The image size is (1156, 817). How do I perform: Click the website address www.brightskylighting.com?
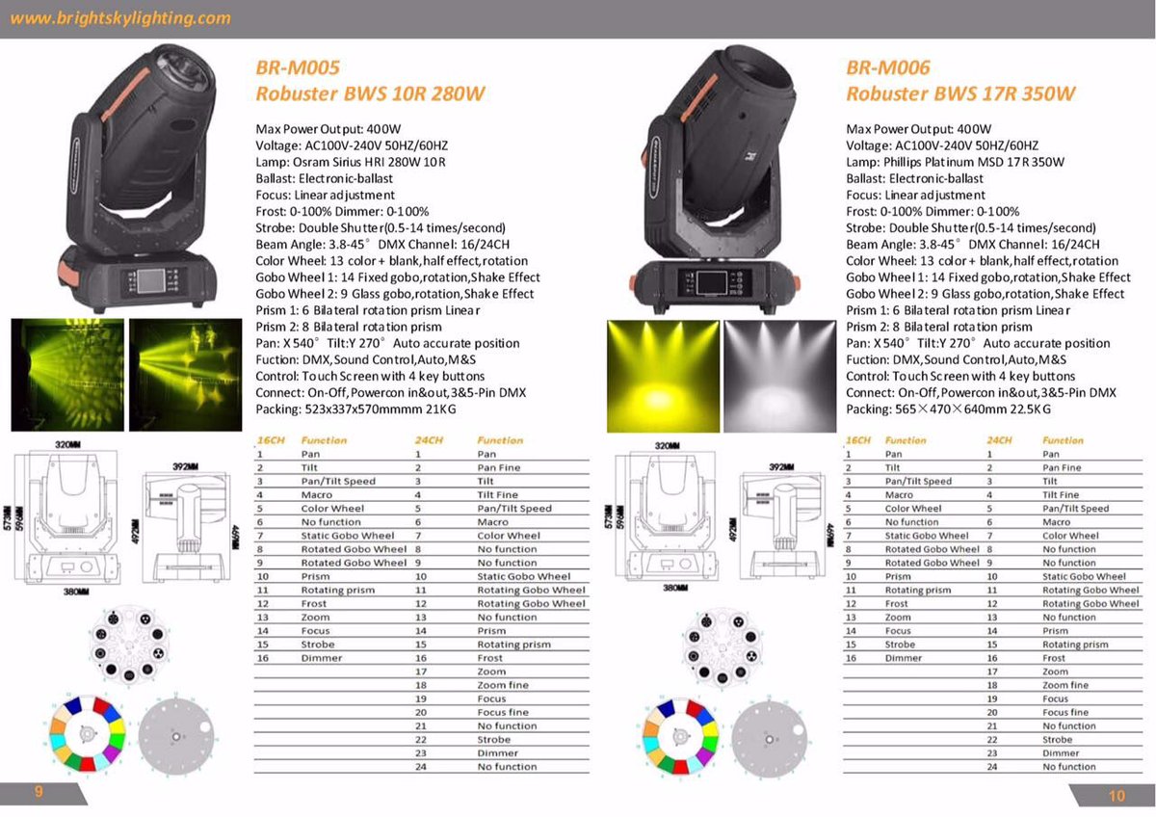[120, 18]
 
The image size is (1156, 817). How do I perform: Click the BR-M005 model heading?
[297, 68]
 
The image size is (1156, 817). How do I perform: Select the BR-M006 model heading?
[887, 68]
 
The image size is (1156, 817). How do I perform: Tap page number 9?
[39, 791]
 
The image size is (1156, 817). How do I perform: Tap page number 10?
[1116, 795]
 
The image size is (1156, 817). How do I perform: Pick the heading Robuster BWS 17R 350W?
[960, 94]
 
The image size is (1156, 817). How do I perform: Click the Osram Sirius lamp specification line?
[351, 161]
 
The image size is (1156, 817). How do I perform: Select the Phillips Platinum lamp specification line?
[955, 161]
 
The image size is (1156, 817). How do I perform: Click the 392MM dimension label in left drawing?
[183, 465]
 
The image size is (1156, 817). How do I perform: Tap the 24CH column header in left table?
[428, 440]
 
